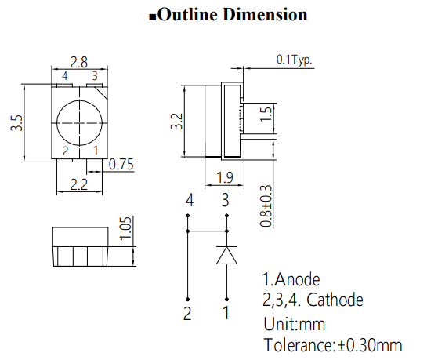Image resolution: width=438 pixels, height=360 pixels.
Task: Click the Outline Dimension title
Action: [227, 15]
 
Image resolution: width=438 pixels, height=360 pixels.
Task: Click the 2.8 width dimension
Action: [79, 61]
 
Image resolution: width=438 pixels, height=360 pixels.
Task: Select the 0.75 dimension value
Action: [121, 165]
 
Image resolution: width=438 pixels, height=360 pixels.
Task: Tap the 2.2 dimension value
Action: [79, 185]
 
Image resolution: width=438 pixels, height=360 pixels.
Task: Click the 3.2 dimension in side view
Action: [176, 122]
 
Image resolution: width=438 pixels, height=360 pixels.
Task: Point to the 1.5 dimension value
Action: [266, 115]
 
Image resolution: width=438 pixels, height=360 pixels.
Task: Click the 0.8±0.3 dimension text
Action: [266, 205]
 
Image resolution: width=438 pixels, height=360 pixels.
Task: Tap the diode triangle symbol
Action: [226, 256]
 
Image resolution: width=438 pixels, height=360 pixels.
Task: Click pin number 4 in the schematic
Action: [189, 202]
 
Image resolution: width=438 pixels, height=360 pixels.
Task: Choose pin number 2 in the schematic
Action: [188, 314]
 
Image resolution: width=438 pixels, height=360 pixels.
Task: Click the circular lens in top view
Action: [78, 122]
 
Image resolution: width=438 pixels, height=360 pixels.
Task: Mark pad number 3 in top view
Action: [95, 76]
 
